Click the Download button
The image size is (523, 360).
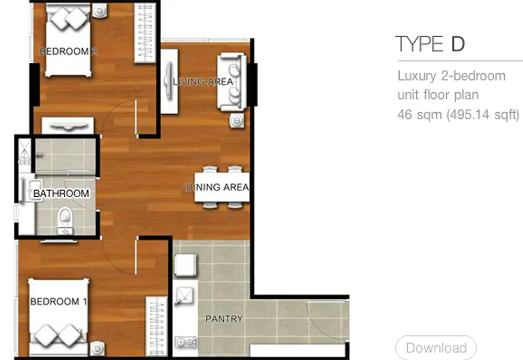point(436,347)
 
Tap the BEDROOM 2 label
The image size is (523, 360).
point(69,51)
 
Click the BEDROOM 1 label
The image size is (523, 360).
point(59,301)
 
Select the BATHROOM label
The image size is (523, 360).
point(61,194)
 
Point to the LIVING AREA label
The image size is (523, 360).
point(203,82)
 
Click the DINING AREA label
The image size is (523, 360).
point(217,187)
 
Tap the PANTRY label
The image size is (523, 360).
point(224,319)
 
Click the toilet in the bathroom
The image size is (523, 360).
point(65,220)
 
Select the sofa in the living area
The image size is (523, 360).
point(232,82)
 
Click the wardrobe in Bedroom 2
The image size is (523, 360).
point(145,32)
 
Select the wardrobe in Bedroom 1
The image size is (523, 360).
point(156,326)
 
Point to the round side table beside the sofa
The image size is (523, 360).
point(236,120)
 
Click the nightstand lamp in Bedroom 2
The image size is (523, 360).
point(99,11)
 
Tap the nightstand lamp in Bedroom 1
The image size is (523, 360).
point(97,348)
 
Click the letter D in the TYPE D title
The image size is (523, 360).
point(458,44)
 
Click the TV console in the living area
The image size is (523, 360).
point(169,82)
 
